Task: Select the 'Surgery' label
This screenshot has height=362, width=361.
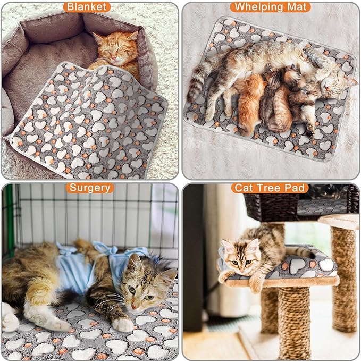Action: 90,188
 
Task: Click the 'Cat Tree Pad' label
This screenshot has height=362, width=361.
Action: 270,188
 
